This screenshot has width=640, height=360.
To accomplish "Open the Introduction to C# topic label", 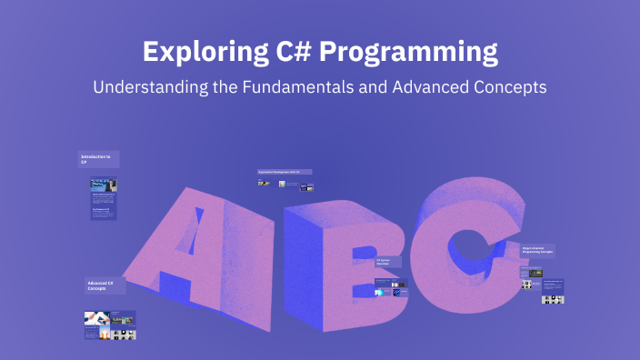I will point(97,159).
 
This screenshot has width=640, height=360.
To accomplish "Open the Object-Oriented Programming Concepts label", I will point(537,249).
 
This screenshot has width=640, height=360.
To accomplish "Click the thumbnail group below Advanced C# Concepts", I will point(110,325).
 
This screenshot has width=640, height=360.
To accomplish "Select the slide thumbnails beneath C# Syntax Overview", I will point(391,288).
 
